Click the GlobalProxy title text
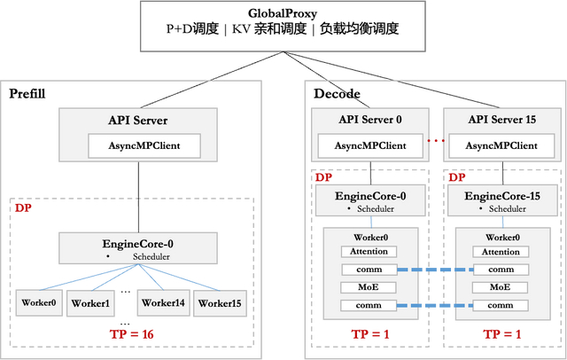pyautogui.click(x=283, y=12)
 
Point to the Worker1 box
pyautogui.click(x=91, y=303)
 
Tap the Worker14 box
pyautogui.click(x=163, y=303)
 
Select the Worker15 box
pyautogui.click(x=220, y=303)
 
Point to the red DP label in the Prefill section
pyautogui.click(x=23, y=207)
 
